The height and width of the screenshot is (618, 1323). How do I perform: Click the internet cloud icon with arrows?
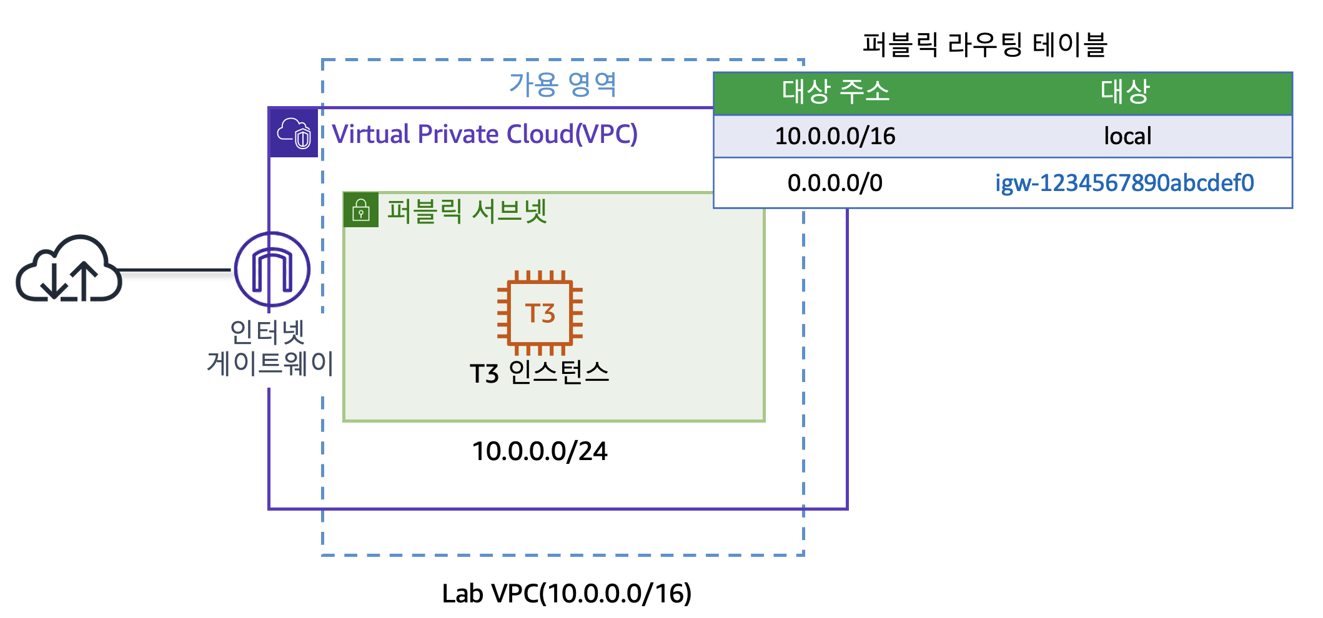tap(69, 270)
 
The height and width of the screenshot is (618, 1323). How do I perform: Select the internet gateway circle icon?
tap(272, 270)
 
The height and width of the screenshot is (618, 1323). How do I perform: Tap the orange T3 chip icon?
tap(540, 313)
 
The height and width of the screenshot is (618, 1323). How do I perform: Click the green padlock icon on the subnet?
tap(361, 210)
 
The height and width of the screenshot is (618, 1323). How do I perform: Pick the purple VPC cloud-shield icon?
tap(294, 133)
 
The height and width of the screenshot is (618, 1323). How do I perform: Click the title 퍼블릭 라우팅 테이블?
tap(984, 45)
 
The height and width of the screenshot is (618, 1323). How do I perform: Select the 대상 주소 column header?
tap(835, 92)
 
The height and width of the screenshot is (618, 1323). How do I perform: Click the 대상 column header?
tap(1125, 92)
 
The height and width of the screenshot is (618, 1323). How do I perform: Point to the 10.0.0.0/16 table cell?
tap(835, 136)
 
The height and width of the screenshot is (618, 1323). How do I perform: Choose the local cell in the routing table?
tap(1127, 136)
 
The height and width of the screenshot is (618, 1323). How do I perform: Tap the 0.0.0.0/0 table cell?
tap(835, 183)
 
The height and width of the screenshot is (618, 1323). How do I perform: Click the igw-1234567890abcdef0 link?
tap(1124, 183)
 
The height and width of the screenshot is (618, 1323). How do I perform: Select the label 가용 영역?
tap(563, 84)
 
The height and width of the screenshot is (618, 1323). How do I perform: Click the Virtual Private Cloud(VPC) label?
tap(485, 134)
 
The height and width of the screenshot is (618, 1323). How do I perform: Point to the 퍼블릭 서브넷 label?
tap(467, 211)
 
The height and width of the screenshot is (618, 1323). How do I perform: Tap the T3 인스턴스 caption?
tap(539, 373)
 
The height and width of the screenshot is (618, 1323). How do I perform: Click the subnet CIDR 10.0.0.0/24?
tap(540, 451)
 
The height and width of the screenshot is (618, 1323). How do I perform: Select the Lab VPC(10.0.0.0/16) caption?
tap(567, 594)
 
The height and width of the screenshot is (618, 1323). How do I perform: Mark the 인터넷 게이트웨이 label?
tap(270, 348)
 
